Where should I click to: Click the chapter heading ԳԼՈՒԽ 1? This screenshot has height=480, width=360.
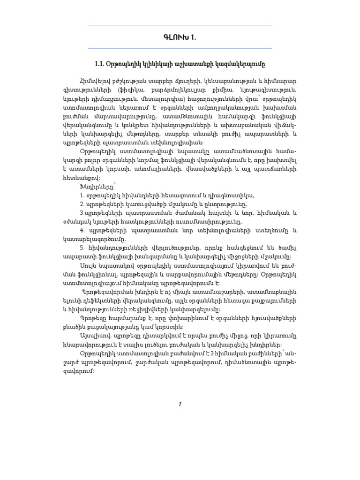pos(180,37)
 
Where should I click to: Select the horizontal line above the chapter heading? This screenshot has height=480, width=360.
pos(180,26)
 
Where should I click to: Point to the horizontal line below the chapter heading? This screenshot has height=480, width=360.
pos(180,48)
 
